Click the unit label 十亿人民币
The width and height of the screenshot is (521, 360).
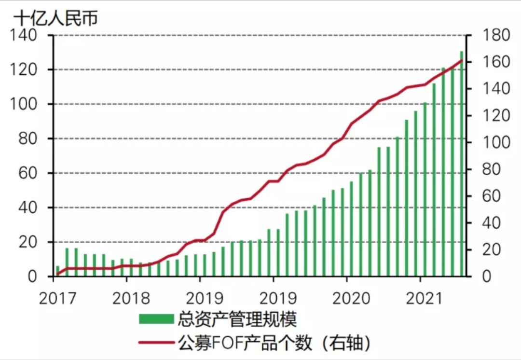[x=55, y=18]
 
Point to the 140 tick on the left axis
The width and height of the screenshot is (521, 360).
[x=24, y=35]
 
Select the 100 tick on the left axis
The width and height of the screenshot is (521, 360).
[x=24, y=104]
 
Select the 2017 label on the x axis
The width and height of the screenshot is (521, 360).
[x=57, y=298]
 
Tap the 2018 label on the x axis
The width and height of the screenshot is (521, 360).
[x=131, y=298]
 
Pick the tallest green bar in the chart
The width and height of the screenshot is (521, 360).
[x=462, y=164]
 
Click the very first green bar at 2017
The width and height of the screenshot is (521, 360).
[x=58, y=271]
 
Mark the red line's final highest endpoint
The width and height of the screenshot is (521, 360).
[x=462, y=60]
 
